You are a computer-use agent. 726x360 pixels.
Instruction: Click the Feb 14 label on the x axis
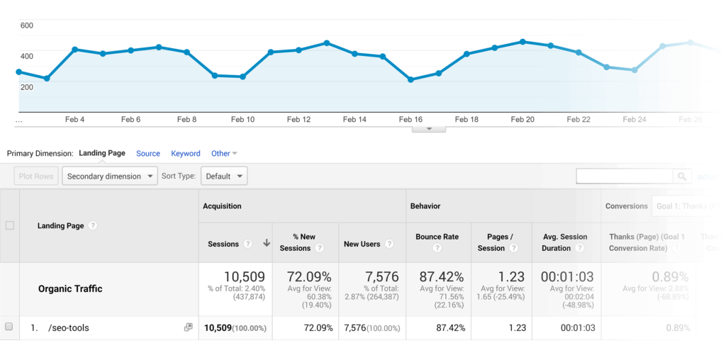pyautogui.click(x=354, y=120)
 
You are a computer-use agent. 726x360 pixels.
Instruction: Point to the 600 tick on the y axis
pyautogui.click(x=27, y=26)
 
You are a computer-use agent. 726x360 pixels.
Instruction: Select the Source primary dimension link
pyautogui.click(x=148, y=153)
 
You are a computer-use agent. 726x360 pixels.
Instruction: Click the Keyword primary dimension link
pyautogui.click(x=186, y=153)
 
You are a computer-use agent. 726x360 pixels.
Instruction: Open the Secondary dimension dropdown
pyautogui.click(x=110, y=176)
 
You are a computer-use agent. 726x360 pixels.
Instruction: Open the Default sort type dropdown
pyautogui.click(x=224, y=176)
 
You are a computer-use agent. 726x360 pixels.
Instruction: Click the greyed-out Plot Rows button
pyautogui.click(x=36, y=176)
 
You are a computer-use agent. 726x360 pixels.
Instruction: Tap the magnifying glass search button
pyautogui.click(x=682, y=176)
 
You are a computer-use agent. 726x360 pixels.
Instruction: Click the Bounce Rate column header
pyautogui.click(x=437, y=237)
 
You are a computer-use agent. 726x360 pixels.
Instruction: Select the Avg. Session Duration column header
pyautogui.click(x=564, y=242)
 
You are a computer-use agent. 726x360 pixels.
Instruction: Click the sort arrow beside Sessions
pyautogui.click(x=267, y=243)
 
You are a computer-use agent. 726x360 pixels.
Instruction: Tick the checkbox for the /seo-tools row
pyautogui.click(x=9, y=327)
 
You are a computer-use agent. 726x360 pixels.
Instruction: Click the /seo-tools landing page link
pyautogui.click(x=69, y=327)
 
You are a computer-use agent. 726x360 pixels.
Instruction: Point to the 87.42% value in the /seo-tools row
pyautogui.click(x=445, y=327)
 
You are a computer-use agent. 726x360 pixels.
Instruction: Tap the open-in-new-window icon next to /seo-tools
pyautogui.click(x=188, y=327)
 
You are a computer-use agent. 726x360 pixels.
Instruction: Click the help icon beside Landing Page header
pyautogui.click(x=93, y=226)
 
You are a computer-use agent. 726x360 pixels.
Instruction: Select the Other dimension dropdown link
pyautogui.click(x=224, y=153)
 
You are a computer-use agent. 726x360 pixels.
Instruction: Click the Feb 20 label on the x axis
pyautogui.click(x=523, y=120)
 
